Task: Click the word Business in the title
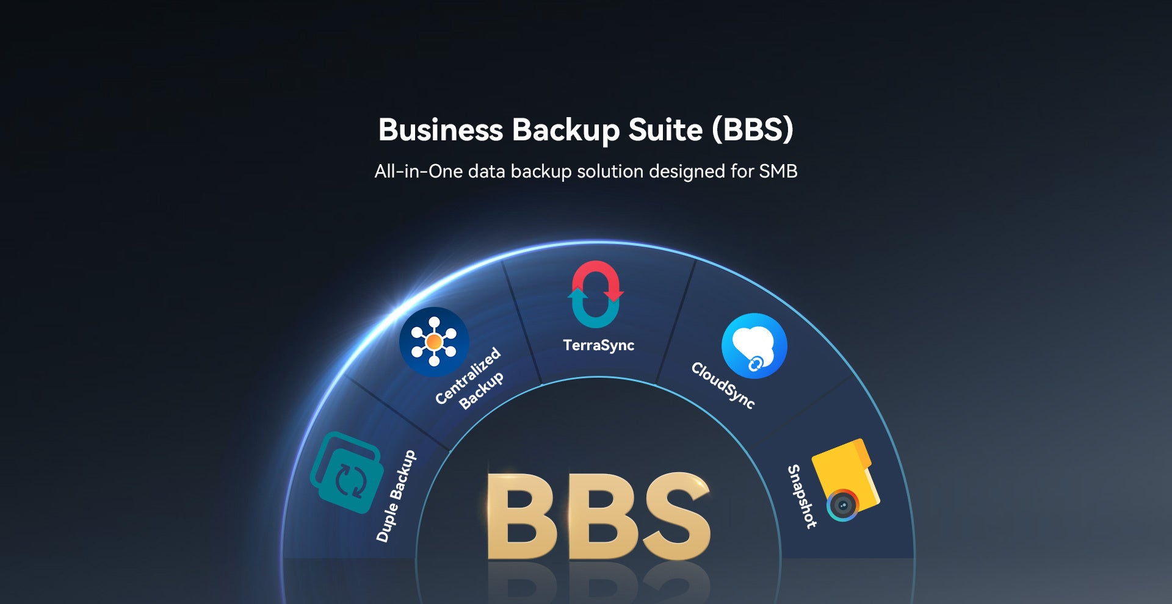(440, 130)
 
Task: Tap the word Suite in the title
(665, 130)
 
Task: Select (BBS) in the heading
(753, 130)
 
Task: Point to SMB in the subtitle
(778, 171)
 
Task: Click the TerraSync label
(598, 345)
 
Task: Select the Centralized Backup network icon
(434, 342)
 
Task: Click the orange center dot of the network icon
(434, 342)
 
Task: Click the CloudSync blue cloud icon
(754, 346)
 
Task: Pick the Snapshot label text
(801, 496)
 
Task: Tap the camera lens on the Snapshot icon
(843, 506)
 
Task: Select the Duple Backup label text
(396, 496)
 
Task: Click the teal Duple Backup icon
(345, 472)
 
